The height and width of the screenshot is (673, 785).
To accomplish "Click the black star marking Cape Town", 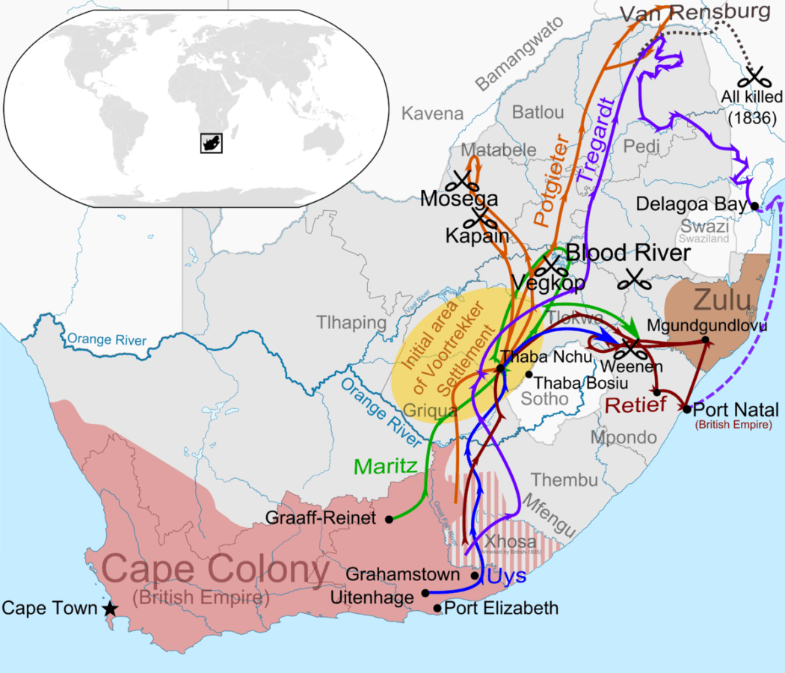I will pyautogui.click(x=110, y=609).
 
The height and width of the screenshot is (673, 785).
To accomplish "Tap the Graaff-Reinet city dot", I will pyautogui.click(x=389, y=518).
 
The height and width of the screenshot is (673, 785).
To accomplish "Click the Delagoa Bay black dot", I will pyautogui.click(x=754, y=206).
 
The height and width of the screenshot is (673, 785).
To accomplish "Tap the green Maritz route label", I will pyautogui.click(x=386, y=467).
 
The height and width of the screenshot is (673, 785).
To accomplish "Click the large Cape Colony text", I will pyautogui.click(x=215, y=571).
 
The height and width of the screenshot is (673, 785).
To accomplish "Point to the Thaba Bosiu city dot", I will pyautogui.click(x=529, y=375).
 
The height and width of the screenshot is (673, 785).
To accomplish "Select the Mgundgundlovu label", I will pyautogui.click(x=697, y=325).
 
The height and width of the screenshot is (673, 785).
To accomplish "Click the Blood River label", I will pyautogui.click(x=627, y=253).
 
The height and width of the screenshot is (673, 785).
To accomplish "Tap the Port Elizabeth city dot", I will pyautogui.click(x=438, y=608).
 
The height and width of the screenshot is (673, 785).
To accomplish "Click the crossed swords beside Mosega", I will pyautogui.click(x=464, y=180).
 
